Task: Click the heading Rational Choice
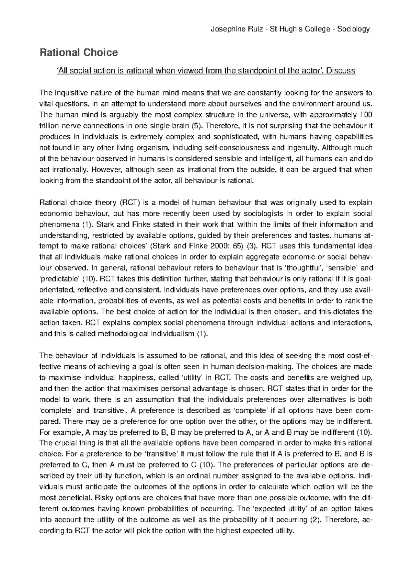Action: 79,53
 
